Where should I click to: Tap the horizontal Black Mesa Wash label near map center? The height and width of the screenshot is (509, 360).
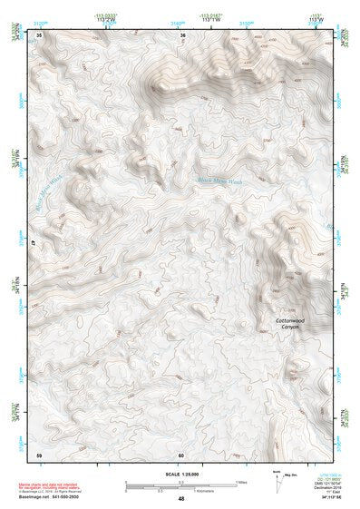pyautogui.click(x=221, y=181)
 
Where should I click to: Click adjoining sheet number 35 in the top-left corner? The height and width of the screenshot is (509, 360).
pyautogui.click(x=39, y=35)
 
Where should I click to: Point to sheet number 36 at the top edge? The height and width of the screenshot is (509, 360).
pyautogui.click(x=182, y=35)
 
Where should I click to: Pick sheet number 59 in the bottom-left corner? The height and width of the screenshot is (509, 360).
pyautogui.click(x=39, y=453)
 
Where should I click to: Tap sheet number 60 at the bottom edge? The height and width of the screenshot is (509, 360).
pyautogui.click(x=181, y=453)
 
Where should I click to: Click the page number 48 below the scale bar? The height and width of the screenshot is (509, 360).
pyautogui.click(x=181, y=498)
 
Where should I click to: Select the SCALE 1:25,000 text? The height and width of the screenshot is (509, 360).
pyautogui.click(x=180, y=474)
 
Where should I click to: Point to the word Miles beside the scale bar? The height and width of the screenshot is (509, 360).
pyautogui.click(x=241, y=482)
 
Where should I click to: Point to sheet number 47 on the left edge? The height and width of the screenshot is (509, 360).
pyautogui.click(x=35, y=243)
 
